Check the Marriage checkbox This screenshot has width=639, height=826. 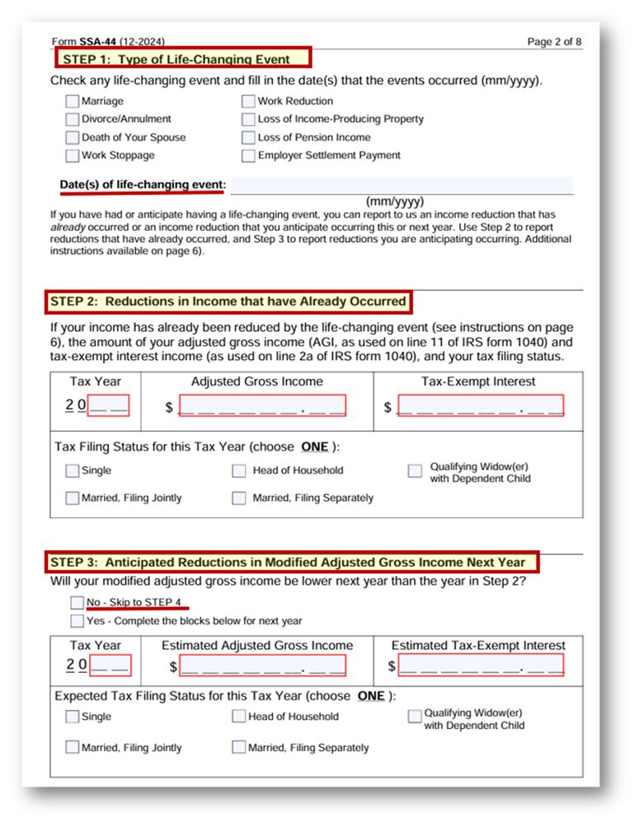point(73,101)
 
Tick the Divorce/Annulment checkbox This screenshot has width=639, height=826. point(73,119)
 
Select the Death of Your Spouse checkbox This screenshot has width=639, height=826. point(73,138)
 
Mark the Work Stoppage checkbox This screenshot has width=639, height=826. point(73,156)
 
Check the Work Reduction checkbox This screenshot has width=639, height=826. point(248,101)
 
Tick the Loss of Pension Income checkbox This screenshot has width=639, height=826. point(248,138)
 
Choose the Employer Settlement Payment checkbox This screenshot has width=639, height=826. point(248,156)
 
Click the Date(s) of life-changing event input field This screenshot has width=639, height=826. point(402,184)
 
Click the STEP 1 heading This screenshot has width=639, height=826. point(182,58)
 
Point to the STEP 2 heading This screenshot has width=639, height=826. point(228,301)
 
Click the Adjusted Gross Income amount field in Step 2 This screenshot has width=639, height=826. point(261,406)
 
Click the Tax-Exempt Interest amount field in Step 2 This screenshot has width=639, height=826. point(481,406)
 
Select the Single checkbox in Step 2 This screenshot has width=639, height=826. point(73,471)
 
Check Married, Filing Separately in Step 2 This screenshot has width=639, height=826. point(239,498)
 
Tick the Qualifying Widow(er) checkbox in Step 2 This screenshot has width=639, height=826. point(416,471)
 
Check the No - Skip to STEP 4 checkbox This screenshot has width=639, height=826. point(78,603)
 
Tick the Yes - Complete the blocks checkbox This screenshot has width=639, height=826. point(78,621)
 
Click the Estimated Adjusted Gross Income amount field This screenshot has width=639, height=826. point(262,665)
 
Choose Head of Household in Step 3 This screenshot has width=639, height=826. point(239,716)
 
